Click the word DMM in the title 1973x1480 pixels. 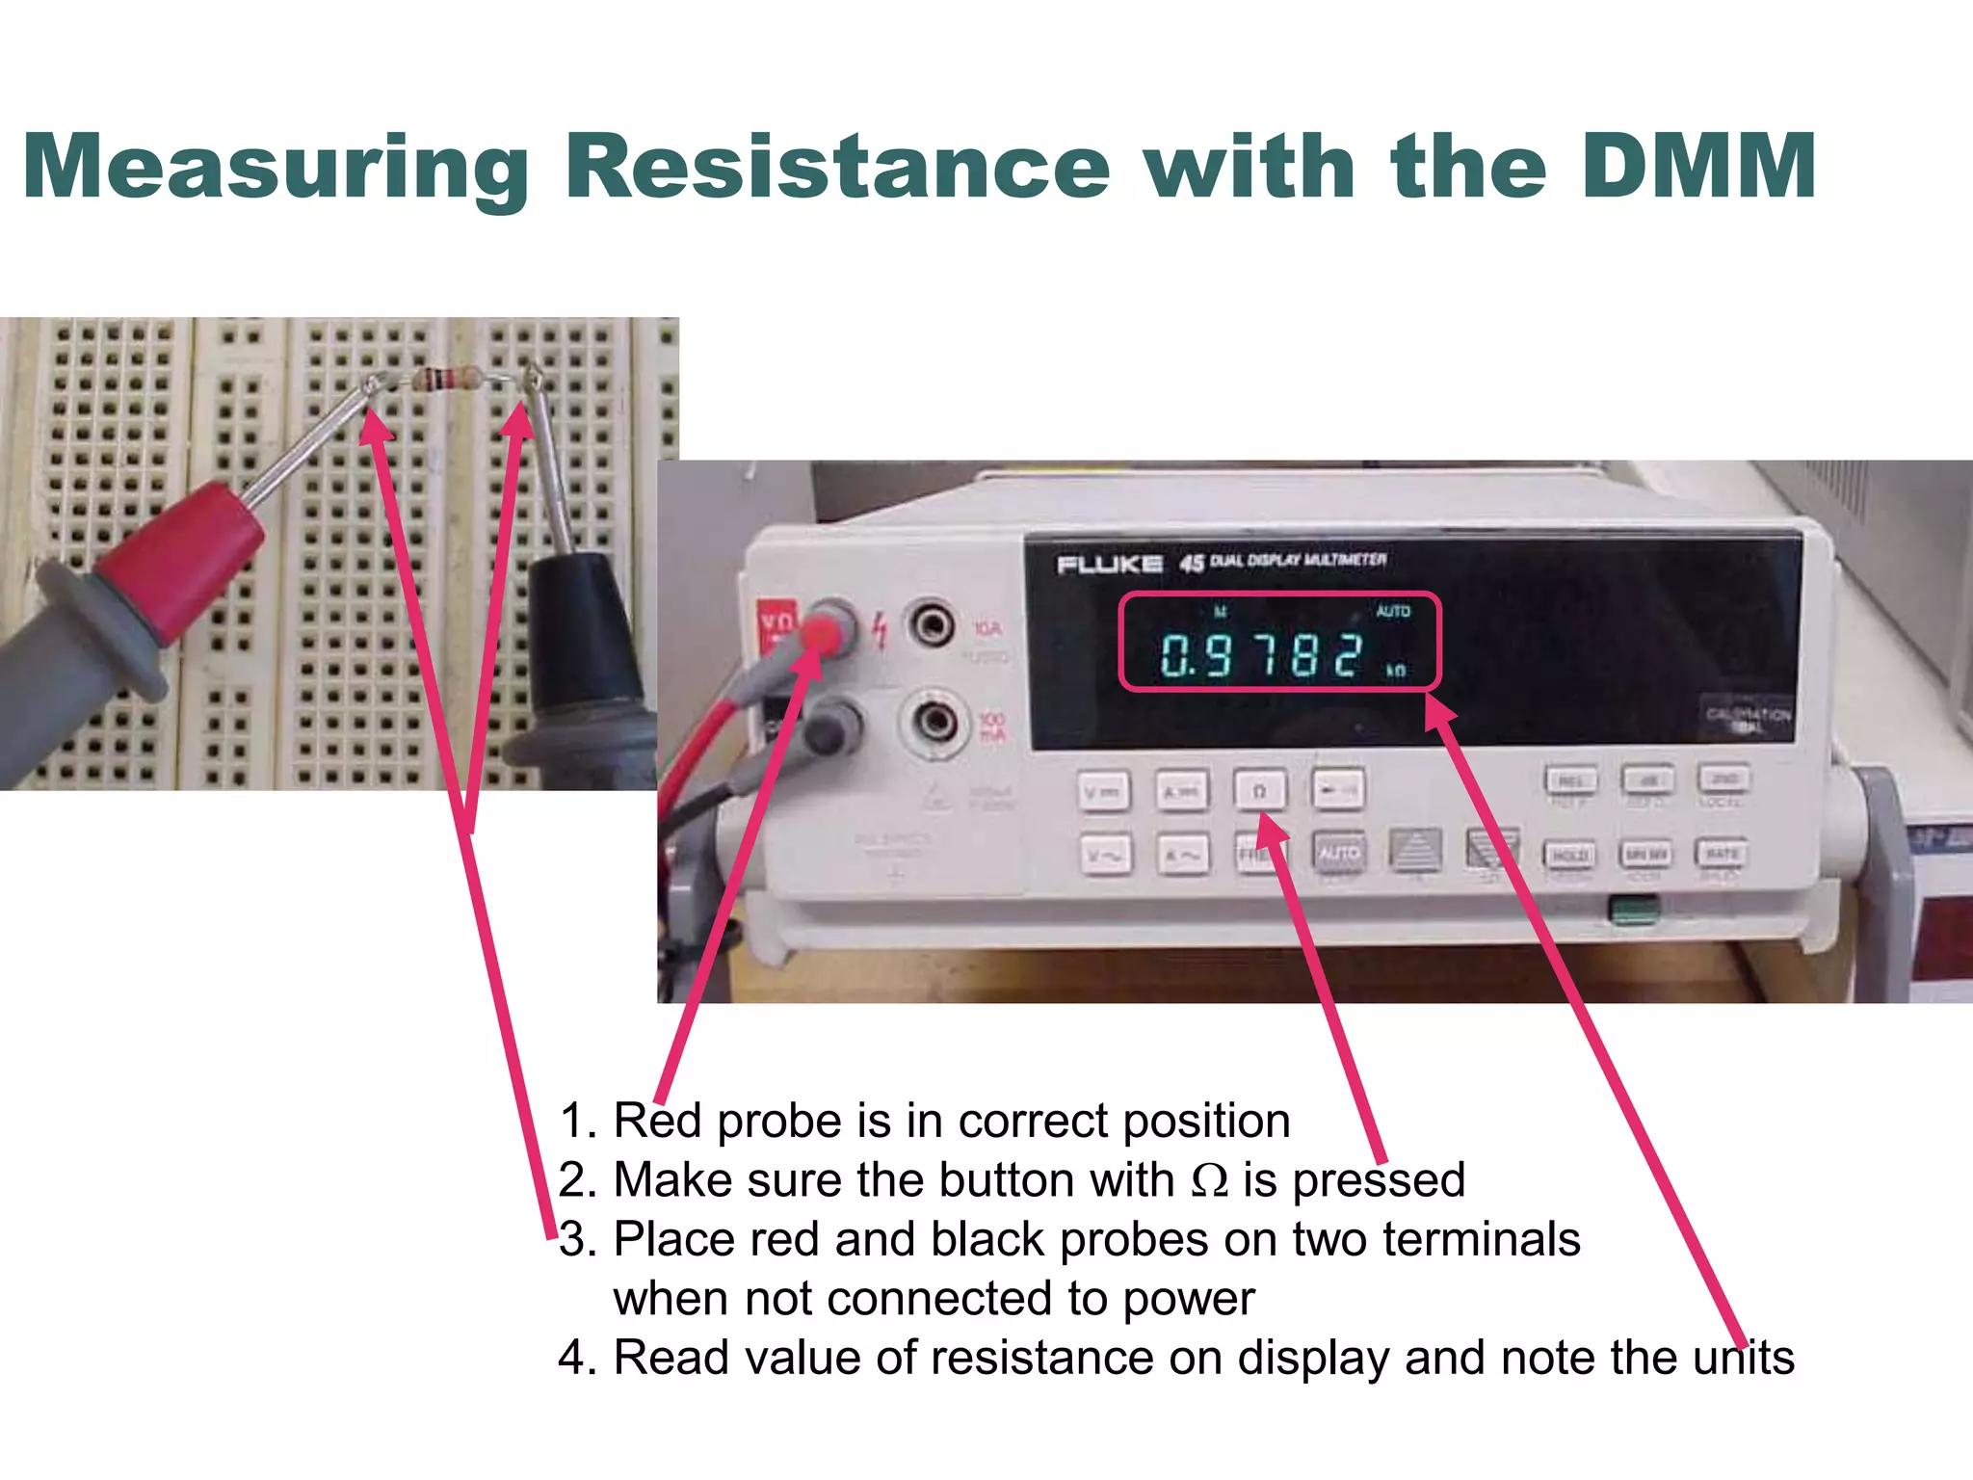(1698, 166)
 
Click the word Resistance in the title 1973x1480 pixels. (836, 166)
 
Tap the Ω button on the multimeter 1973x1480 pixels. (1259, 790)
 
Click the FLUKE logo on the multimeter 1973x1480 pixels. (1109, 565)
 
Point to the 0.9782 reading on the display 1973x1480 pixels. (1262, 655)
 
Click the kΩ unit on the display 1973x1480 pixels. (1396, 670)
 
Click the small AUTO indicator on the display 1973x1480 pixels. (1392, 611)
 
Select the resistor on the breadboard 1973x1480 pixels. (449, 379)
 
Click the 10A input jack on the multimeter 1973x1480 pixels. (933, 626)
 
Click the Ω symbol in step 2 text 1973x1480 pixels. (1209, 1180)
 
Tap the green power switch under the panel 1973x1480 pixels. (1635, 909)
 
